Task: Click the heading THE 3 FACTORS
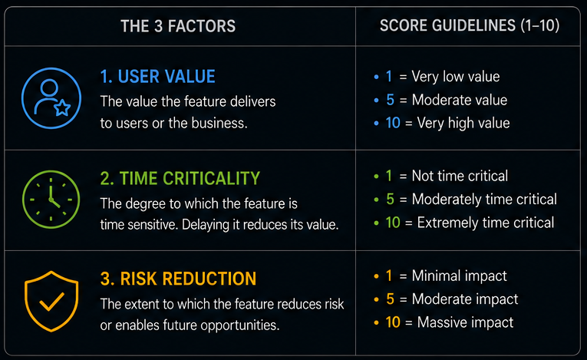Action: tap(178, 26)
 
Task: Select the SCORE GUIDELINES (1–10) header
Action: tap(470, 25)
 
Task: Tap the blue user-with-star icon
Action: tap(51, 98)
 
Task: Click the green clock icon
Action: tap(51, 200)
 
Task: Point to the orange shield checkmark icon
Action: tap(51, 301)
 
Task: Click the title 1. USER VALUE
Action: tap(157, 77)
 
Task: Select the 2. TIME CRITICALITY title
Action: tap(180, 178)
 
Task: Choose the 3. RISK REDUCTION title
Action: tap(178, 279)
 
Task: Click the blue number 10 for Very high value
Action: tap(393, 123)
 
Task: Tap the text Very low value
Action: tap(456, 77)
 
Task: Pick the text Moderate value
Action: tap(460, 100)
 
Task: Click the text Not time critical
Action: tap(460, 176)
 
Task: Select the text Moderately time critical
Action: tap(484, 200)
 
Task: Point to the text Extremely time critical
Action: tap(486, 223)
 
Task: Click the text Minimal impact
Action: tap(459, 276)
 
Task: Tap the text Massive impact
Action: tap(465, 322)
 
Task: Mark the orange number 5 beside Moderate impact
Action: tap(390, 299)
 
